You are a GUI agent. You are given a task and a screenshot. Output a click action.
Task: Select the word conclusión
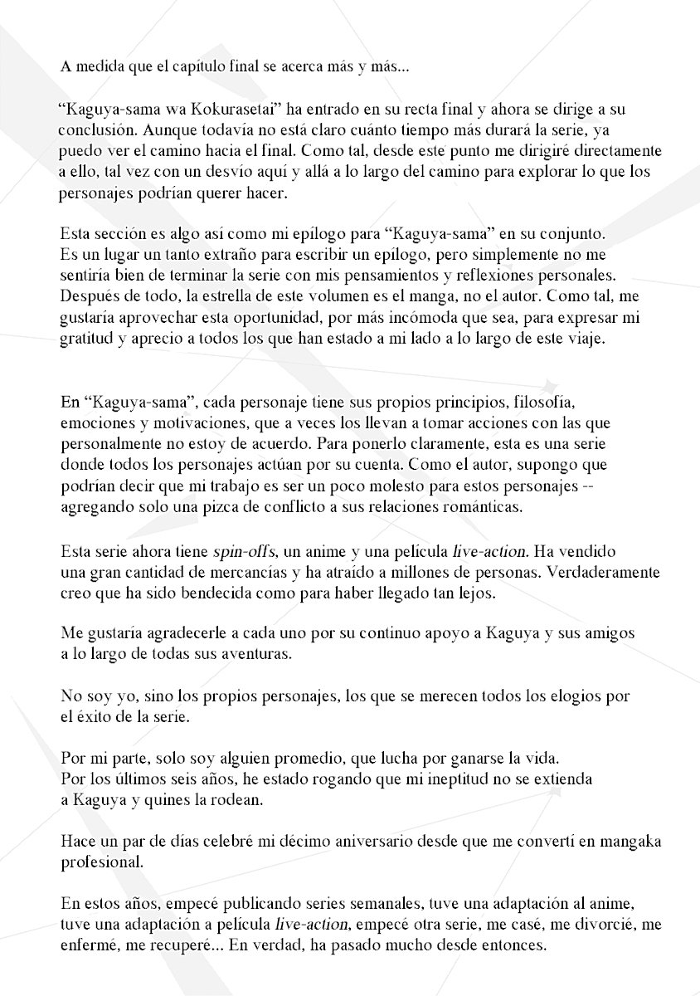(92, 130)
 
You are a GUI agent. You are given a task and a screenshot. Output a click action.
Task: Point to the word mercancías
(241, 572)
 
